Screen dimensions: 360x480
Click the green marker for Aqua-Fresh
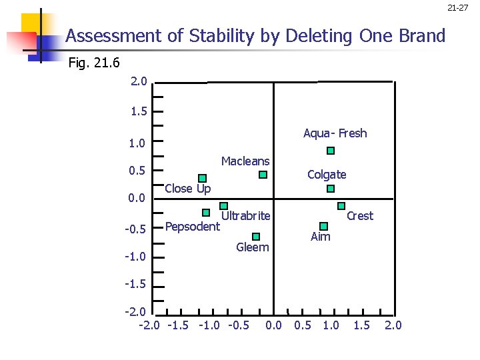point(331,151)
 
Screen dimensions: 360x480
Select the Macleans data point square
point(263,175)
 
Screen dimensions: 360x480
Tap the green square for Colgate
point(331,189)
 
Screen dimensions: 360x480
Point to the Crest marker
point(341,206)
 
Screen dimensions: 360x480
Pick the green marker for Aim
point(323,226)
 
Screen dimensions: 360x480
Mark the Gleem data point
point(256,237)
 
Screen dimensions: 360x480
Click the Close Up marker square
point(202,178)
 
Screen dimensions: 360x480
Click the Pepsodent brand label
point(192,227)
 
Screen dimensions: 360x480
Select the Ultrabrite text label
point(245,215)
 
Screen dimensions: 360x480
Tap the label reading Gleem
point(253,247)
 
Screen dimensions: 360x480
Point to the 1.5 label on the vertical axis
point(139,111)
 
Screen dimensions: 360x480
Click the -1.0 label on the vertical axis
point(137,257)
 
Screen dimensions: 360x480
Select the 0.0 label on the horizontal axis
point(273,325)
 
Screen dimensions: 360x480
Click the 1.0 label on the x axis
point(331,325)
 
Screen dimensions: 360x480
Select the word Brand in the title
point(420,36)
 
